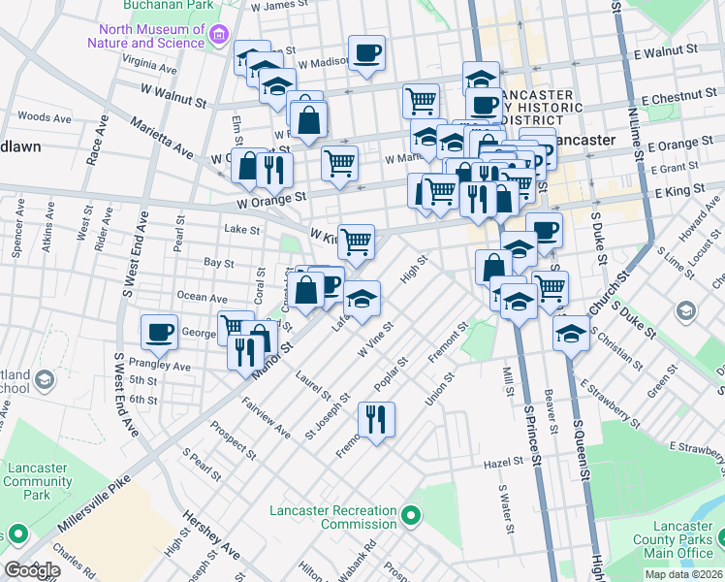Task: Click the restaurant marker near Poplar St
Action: coord(374,419)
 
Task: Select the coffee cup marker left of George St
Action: coord(159,332)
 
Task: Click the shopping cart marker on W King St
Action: coord(357,242)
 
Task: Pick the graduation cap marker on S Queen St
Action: coord(572,334)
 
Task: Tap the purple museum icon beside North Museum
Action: coord(219,36)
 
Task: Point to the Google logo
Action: coord(32,569)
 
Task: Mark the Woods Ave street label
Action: coord(45,117)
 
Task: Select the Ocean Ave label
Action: coord(203,298)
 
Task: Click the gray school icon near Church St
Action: coord(686,311)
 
